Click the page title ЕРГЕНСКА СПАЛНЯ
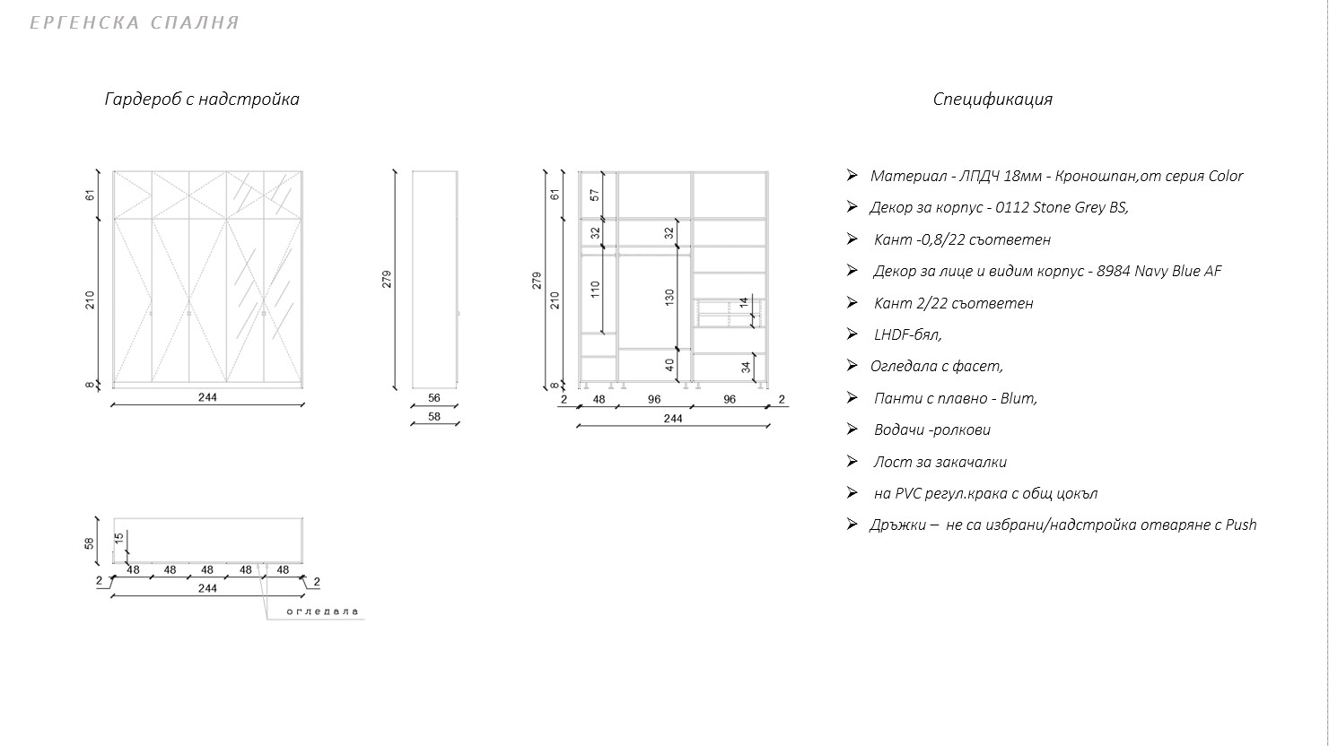pos(135,22)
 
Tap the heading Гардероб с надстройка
pos(202,99)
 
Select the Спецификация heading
pos(992,99)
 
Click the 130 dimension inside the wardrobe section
pos(669,297)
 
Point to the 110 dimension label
pos(596,290)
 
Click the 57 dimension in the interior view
pos(595,195)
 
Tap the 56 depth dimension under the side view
pos(434,398)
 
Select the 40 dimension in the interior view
pos(669,365)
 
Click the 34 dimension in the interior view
pos(746,368)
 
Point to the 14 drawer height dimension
pos(744,303)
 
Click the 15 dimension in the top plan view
pos(119,538)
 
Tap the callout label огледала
pos(323,612)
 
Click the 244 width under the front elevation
pos(207,397)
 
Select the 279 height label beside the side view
pos(387,280)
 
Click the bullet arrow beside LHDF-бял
pos(852,334)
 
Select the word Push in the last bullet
pos(1241,525)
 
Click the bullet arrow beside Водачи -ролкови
pos(852,429)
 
